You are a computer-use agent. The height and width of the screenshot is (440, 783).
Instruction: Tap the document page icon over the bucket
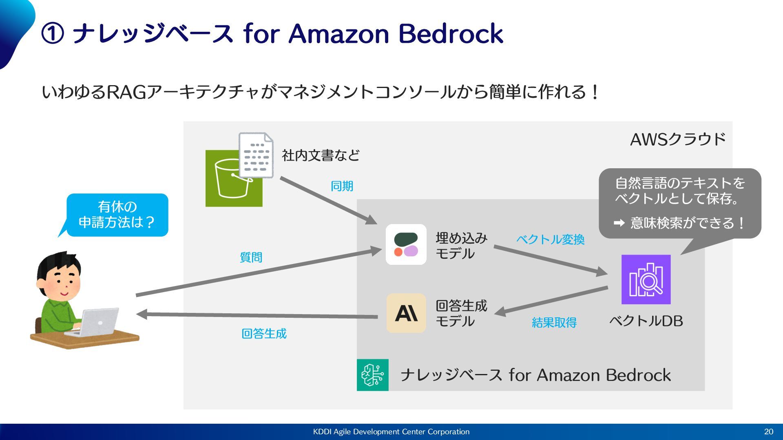(256, 155)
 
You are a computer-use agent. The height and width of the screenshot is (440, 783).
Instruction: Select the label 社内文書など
(321, 155)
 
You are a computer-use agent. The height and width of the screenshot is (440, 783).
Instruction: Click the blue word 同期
(342, 186)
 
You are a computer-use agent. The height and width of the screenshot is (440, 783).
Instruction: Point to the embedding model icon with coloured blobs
(406, 244)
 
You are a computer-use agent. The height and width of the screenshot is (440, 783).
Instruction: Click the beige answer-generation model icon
(406, 313)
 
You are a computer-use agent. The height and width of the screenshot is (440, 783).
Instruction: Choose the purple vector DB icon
(646, 279)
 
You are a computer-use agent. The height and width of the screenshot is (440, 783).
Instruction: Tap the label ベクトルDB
(646, 321)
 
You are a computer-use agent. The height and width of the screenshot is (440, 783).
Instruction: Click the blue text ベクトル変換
(550, 240)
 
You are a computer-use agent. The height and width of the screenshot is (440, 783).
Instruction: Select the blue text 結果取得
(554, 323)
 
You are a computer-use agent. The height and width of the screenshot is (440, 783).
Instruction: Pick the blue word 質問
(251, 257)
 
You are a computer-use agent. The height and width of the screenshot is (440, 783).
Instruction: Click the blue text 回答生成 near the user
(264, 334)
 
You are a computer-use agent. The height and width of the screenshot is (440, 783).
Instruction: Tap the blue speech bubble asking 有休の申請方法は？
(117, 215)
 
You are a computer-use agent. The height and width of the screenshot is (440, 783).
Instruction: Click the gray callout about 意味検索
(680, 203)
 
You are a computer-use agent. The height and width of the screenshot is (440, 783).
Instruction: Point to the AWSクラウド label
(678, 140)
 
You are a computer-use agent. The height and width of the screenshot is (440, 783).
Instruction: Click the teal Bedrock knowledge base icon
(373, 375)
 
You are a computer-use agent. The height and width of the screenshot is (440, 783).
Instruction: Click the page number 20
(768, 431)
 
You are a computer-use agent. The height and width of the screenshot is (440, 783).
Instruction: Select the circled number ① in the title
(53, 34)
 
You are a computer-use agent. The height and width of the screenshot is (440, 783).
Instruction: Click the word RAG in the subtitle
(126, 92)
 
